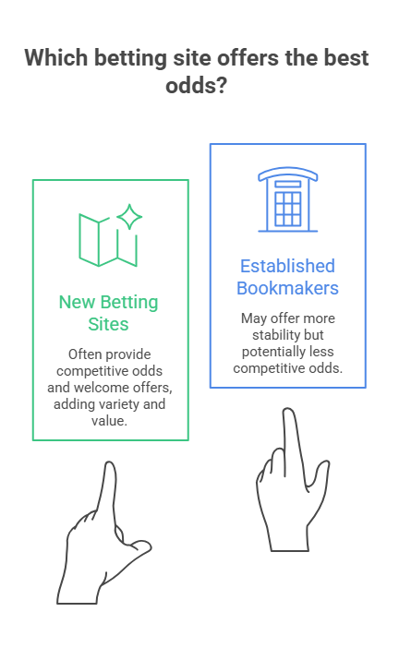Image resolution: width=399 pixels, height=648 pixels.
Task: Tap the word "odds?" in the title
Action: click(197, 86)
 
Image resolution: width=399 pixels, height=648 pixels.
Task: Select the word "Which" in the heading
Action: click(56, 57)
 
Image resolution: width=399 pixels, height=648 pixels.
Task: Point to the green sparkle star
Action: click(129, 217)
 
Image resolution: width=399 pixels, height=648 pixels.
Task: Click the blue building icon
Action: click(288, 199)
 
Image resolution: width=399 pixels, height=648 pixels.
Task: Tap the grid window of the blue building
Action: click(288, 209)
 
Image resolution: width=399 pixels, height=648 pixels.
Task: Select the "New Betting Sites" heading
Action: click(108, 313)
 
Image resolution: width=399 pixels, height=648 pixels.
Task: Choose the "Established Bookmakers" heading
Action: click(288, 277)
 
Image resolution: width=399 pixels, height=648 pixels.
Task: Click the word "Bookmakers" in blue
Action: click(288, 288)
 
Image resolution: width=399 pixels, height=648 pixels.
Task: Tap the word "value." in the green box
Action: click(109, 421)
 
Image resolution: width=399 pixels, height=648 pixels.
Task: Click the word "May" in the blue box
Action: click(254, 318)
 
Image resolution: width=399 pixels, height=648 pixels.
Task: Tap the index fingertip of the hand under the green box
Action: click(110, 464)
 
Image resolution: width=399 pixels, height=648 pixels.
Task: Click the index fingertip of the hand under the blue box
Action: click(288, 412)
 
